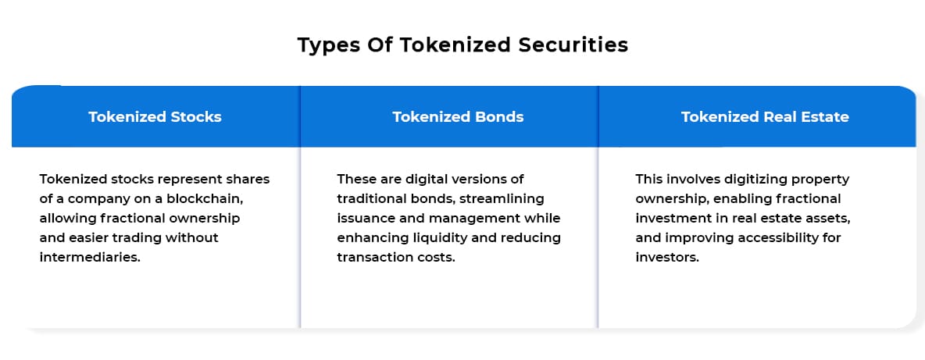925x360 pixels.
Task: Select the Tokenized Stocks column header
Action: pyautogui.click(x=155, y=116)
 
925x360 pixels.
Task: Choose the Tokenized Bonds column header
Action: pyautogui.click(x=458, y=116)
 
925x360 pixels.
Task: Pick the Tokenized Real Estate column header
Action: pyautogui.click(x=765, y=116)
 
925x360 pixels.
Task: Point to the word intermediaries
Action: pyautogui.click(x=91, y=258)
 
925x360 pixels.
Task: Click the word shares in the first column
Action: pyautogui.click(x=249, y=179)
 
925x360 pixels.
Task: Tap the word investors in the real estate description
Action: pyautogui.click(x=667, y=258)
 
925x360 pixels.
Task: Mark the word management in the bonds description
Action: pyautogui.click(x=477, y=219)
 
